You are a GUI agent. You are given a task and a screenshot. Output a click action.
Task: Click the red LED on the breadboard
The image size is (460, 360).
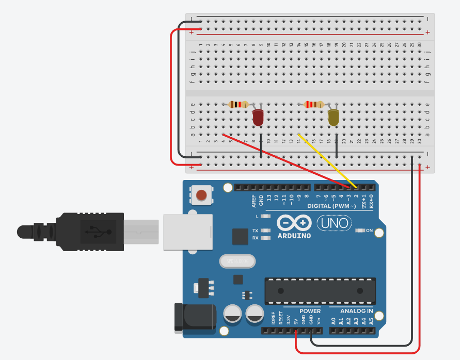coord(258,118)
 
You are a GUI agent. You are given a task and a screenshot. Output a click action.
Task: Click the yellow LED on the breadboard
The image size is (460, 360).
coord(334,118)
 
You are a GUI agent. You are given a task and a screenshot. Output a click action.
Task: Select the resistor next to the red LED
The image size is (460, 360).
coord(237,105)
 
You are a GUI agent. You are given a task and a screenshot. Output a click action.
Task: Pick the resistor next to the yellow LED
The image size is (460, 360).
coord(314,105)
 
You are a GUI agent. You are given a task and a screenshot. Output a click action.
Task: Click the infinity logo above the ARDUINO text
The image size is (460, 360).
coord(294,223)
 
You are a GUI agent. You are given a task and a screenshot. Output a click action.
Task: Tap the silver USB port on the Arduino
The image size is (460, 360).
coord(188,232)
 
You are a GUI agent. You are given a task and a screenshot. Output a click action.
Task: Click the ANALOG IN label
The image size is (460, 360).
coord(356,311)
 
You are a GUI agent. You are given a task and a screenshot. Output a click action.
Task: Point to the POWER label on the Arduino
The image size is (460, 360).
coord(310,311)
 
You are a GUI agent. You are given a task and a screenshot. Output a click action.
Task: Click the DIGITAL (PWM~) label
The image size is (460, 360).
coord(331,206)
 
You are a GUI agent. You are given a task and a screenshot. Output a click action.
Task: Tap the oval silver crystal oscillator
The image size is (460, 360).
coord(238,261)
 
